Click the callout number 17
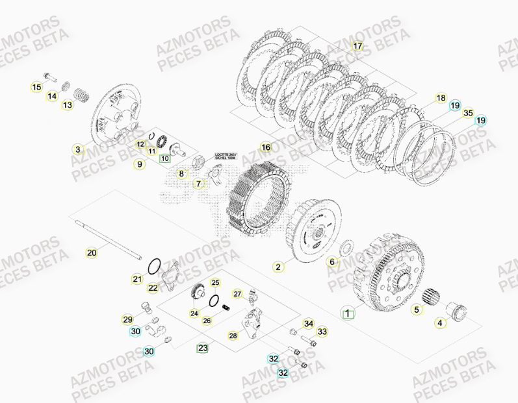click(x=357, y=46)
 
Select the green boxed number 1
click(x=348, y=313)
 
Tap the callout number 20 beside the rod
click(x=92, y=252)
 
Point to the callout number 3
click(x=78, y=149)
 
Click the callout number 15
click(x=36, y=87)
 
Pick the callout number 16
click(x=265, y=147)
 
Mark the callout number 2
click(x=278, y=266)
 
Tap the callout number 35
click(x=468, y=113)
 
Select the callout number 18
click(x=441, y=99)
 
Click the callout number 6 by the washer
click(x=332, y=262)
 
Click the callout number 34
click(x=309, y=324)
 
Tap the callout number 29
click(x=127, y=319)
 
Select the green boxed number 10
click(x=164, y=157)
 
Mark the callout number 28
click(x=233, y=336)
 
